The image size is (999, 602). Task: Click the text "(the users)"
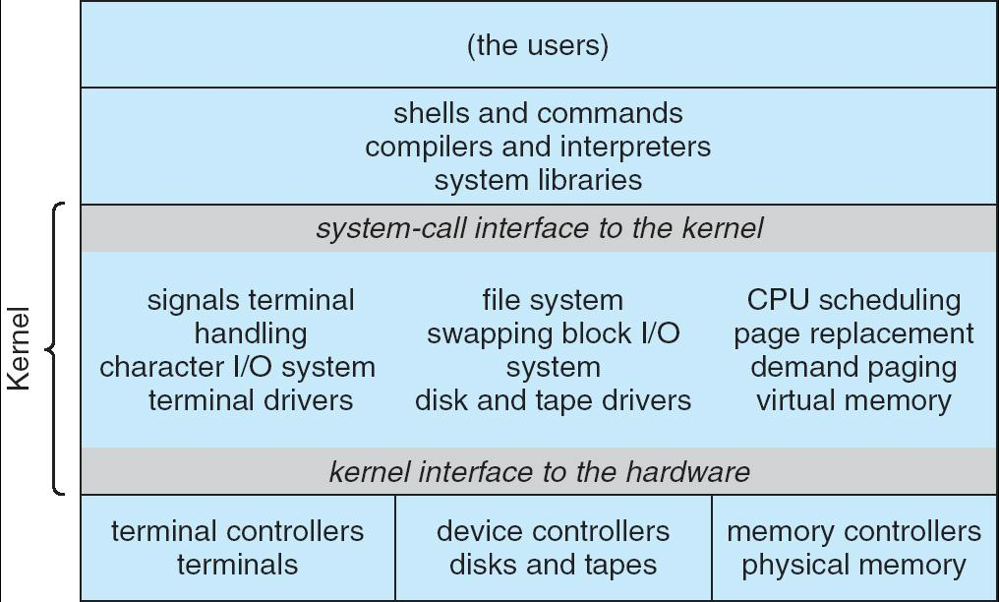(538, 46)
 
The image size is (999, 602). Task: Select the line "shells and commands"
(538, 113)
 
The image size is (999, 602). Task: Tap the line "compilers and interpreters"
(538, 147)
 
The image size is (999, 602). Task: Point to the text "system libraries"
(538, 180)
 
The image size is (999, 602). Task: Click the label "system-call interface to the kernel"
(539, 228)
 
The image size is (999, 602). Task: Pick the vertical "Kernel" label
(20, 349)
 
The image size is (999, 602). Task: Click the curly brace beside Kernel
(57, 349)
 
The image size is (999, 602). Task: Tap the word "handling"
(251, 333)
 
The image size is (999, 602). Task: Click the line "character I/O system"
(237, 367)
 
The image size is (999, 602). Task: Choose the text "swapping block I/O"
(553, 333)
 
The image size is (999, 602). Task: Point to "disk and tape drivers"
(553, 400)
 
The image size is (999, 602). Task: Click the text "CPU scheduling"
(853, 300)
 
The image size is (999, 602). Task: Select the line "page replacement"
(853, 333)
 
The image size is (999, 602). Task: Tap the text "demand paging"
(853, 367)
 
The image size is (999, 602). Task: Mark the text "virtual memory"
(853, 400)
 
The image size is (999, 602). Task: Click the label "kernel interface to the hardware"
(539, 472)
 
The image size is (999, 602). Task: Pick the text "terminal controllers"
(237, 531)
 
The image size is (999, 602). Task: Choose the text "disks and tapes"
(553, 565)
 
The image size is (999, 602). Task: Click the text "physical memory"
(853, 565)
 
